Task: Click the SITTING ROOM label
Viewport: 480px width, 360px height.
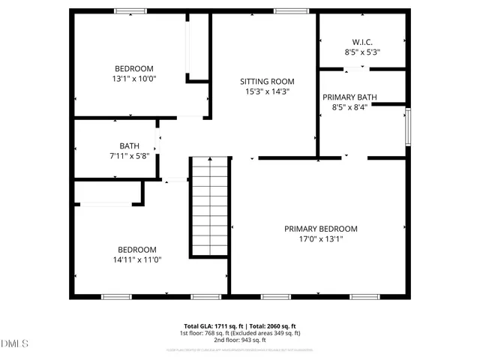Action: tap(267, 81)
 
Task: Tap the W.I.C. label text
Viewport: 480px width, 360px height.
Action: tap(362, 42)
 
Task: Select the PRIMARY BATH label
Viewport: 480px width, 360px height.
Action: tap(349, 97)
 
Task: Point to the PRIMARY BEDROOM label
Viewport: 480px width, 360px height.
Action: tap(320, 229)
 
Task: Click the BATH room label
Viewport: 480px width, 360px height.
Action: tap(129, 145)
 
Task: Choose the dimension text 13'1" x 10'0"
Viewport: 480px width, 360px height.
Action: tap(135, 77)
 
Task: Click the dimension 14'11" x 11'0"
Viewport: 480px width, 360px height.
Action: tap(136, 259)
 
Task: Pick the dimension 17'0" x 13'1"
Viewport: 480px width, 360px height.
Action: tap(320, 239)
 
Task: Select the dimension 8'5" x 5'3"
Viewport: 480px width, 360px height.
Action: tap(362, 52)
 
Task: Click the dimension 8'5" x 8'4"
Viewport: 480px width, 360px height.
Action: tap(349, 107)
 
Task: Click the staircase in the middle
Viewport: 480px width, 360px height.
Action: tap(208, 206)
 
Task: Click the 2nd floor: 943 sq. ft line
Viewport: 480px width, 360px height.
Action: tap(239, 340)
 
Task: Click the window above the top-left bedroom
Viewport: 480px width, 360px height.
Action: tap(130, 10)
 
